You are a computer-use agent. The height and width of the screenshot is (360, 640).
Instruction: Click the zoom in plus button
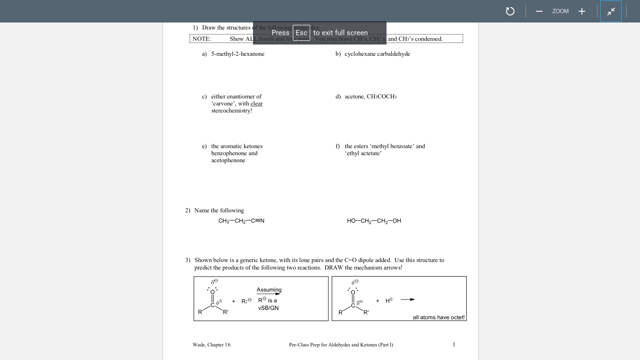[x=581, y=11]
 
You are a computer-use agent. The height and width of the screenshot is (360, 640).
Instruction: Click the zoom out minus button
[x=539, y=11]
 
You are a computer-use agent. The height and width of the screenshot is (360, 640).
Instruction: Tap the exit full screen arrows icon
[x=611, y=11]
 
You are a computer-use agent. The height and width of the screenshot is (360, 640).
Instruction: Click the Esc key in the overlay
[x=301, y=33]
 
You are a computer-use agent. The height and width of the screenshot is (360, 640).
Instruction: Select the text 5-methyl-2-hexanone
[x=238, y=54]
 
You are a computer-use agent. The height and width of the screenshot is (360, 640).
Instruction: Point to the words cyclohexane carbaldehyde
[x=377, y=54]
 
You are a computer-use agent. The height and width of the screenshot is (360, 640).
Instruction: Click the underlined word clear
[x=256, y=104]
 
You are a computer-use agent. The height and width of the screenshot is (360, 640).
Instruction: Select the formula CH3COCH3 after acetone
[x=381, y=97]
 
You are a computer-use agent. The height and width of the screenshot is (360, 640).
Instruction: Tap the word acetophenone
[x=228, y=160]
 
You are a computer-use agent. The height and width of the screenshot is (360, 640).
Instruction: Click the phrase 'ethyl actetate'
[x=363, y=153]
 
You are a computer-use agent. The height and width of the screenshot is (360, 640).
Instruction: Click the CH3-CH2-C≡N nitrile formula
[x=241, y=221]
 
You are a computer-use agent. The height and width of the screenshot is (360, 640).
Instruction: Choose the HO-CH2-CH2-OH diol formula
[x=374, y=221]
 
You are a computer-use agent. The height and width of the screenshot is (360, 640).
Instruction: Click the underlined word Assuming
[x=269, y=290]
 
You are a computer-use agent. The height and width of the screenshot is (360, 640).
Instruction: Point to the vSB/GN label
[x=268, y=308]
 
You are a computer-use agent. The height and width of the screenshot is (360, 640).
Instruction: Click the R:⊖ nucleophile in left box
[x=246, y=301]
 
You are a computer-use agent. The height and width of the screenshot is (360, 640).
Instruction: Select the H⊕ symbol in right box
[x=389, y=300]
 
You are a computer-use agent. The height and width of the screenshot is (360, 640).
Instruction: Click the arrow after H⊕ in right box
[x=408, y=300]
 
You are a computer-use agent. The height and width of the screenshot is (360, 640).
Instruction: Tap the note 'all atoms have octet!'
[x=439, y=317]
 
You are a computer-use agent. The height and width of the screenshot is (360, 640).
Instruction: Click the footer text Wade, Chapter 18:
[x=212, y=345]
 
